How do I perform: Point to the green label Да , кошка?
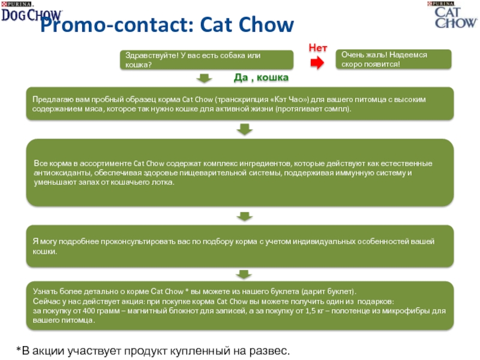point(260,79)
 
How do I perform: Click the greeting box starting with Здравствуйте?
point(208,59)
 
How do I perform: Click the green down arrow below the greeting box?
point(205,78)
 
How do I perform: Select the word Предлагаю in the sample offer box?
point(53,99)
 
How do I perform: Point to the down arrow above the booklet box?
point(243,274)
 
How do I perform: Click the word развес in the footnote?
point(271,349)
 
